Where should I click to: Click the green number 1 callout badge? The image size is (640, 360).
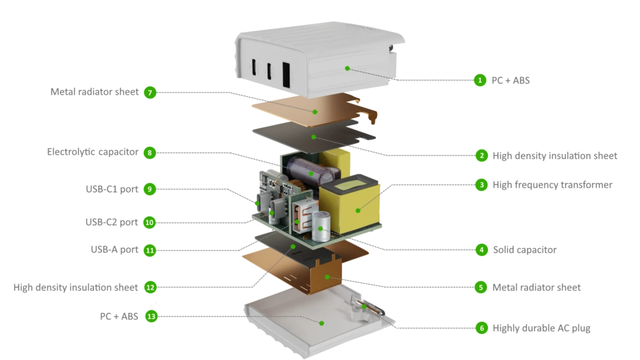(x=480, y=80)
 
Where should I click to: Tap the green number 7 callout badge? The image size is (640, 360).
(x=150, y=92)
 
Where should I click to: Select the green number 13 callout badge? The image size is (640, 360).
(x=151, y=316)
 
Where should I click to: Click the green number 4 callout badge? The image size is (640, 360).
(x=482, y=250)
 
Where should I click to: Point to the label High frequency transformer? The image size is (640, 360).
(x=552, y=185)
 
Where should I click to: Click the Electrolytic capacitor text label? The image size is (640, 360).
(x=92, y=152)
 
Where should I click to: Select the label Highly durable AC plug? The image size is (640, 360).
(x=541, y=328)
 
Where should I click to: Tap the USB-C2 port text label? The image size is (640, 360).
(x=111, y=222)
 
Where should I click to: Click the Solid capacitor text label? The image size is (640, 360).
(x=524, y=250)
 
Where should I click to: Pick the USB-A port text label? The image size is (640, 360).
(x=114, y=250)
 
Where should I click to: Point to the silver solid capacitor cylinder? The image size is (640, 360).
(x=321, y=226)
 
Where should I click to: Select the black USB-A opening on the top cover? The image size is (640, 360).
(x=286, y=75)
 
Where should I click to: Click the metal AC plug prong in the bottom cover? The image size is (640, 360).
(x=369, y=308)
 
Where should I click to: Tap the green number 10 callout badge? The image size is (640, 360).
(x=149, y=222)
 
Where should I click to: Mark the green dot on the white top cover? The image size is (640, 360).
(x=347, y=68)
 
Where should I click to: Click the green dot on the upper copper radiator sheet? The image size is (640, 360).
(x=315, y=111)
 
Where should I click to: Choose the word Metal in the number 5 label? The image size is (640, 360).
(x=504, y=287)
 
